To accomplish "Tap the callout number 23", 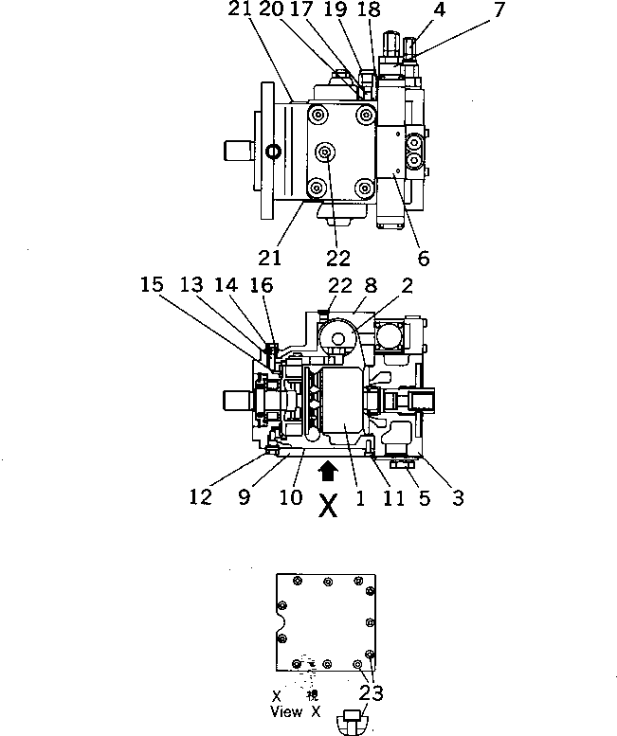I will click(x=372, y=694).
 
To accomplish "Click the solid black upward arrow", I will click(x=328, y=468).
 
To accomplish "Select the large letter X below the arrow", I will click(x=328, y=507).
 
